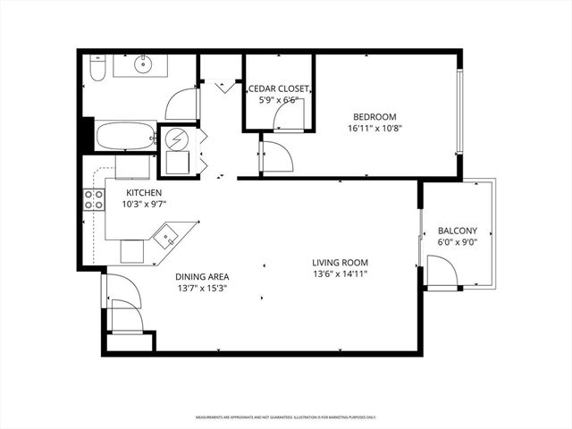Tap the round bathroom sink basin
click(142, 64)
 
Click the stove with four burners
click(94, 199)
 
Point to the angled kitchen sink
click(167, 238)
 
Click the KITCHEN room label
click(143, 193)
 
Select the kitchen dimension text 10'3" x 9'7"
click(144, 204)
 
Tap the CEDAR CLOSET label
click(279, 89)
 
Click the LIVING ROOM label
click(340, 263)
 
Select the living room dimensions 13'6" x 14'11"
click(340, 273)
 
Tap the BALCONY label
click(457, 230)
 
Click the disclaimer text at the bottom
click(286, 417)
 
